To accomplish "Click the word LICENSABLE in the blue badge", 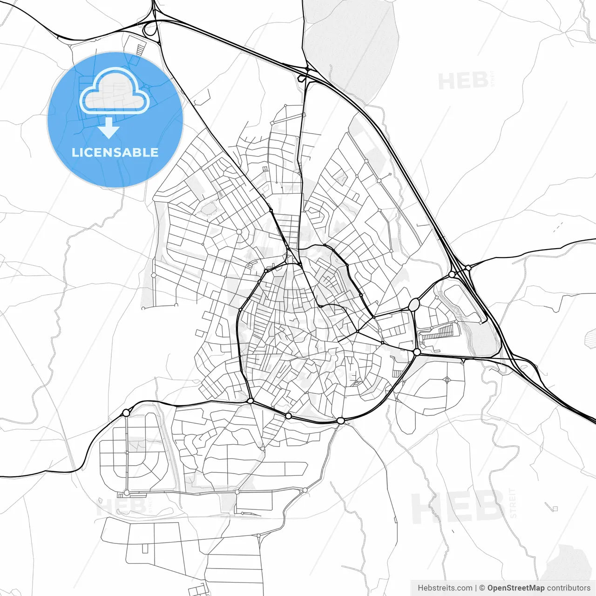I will [115, 153].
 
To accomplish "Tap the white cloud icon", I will [114, 92].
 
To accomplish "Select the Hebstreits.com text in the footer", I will [445, 588].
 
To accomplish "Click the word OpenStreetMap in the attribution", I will [515, 588].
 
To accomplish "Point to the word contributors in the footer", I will [569, 588].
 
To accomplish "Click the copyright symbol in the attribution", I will [482, 588].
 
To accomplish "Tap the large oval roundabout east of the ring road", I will [414, 305].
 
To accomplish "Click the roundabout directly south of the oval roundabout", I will [417, 352].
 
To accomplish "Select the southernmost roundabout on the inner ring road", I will [341, 421].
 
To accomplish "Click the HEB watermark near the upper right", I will [463, 81].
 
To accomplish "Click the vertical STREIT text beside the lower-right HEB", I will [513, 503].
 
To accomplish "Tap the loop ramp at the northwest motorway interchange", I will [150, 30].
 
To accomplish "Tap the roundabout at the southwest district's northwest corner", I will [126, 413].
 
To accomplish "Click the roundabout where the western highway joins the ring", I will [251, 401].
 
